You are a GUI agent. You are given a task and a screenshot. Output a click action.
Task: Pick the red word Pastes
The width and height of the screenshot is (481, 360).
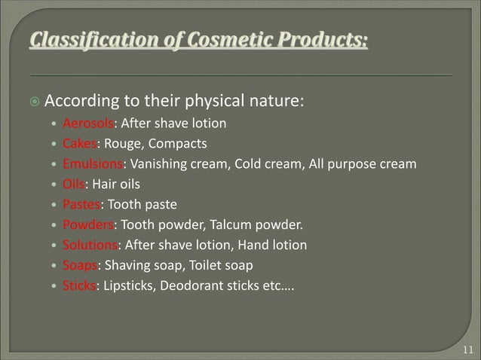tap(81, 204)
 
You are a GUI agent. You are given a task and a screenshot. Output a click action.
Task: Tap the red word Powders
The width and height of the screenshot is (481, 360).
tap(88, 224)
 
